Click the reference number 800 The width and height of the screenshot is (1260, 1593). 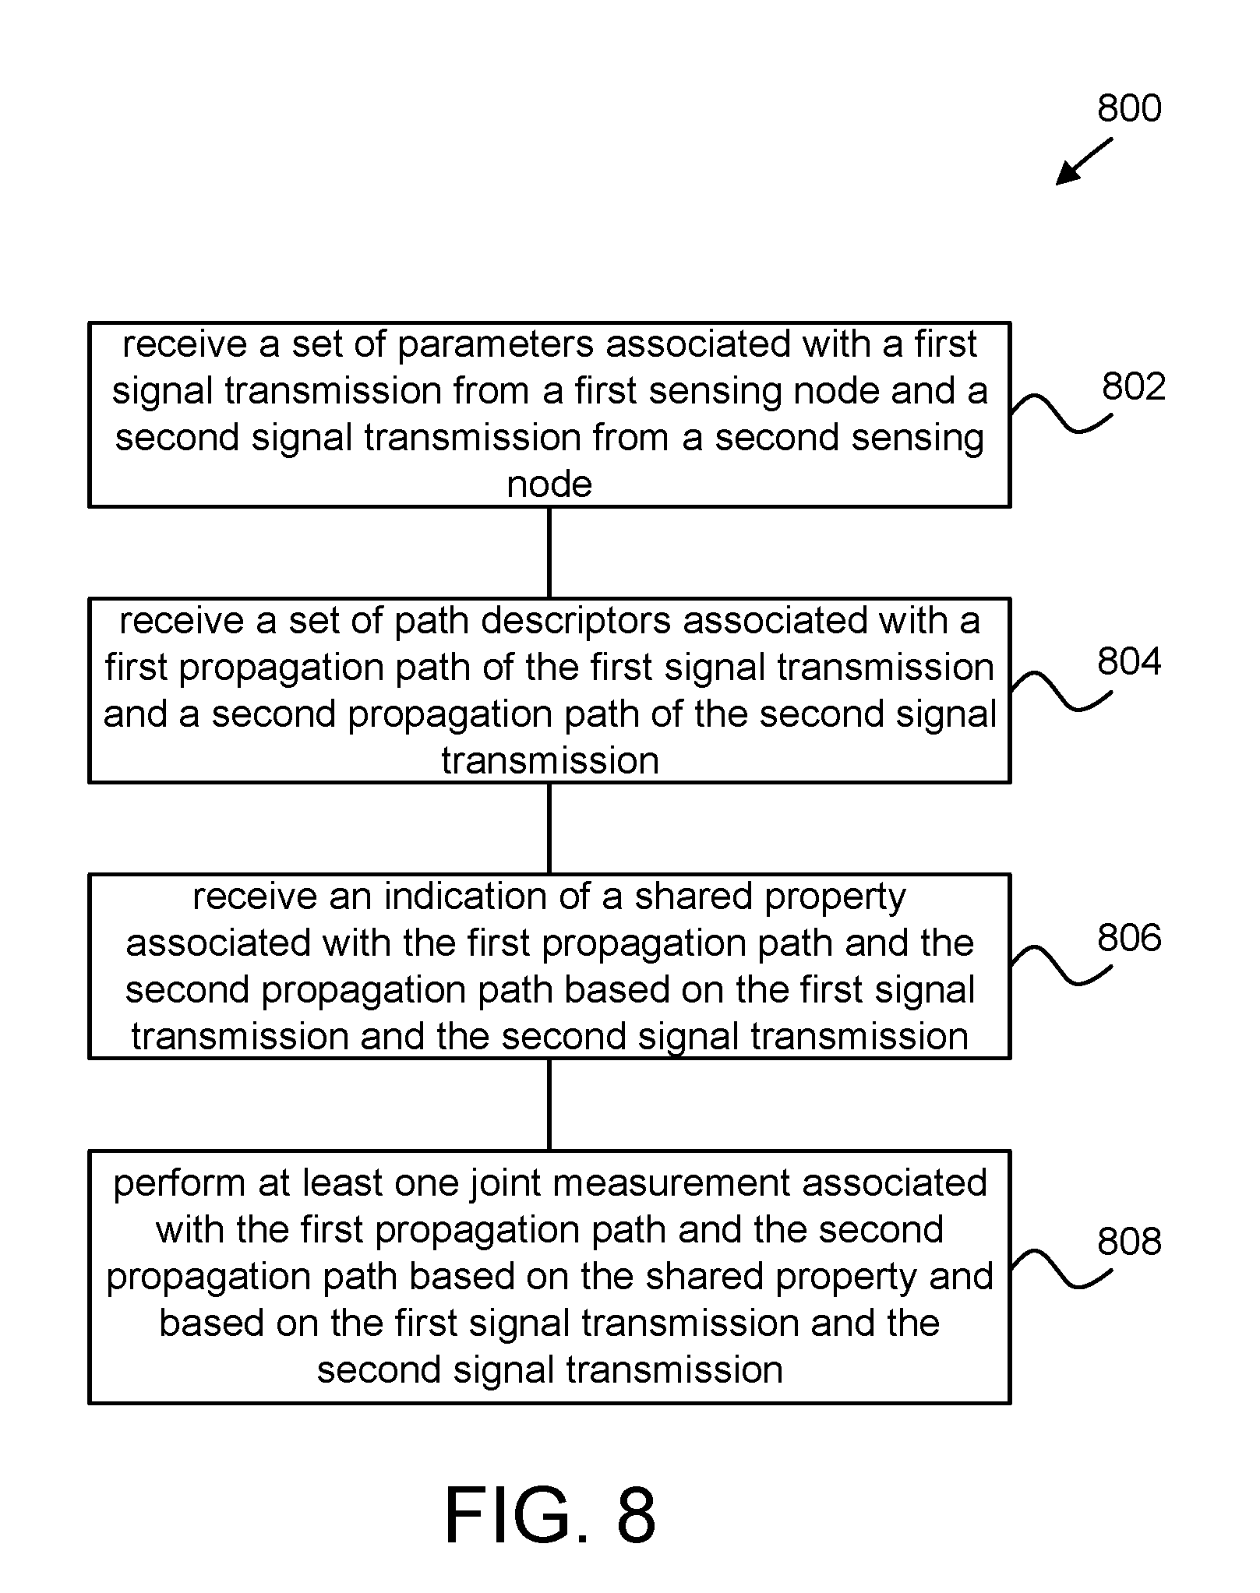click(1129, 108)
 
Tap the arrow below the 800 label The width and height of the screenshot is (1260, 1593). click(1084, 162)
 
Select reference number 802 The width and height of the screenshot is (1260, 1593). click(1134, 386)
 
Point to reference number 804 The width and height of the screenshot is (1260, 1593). click(1129, 661)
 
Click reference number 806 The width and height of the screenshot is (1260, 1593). click(1129, 937)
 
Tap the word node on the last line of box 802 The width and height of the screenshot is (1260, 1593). click(549, 485)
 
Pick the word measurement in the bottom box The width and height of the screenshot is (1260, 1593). click(672, 1183)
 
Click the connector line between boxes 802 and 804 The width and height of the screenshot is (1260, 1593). click(549, 552)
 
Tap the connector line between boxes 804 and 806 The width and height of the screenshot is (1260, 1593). click(549, 828)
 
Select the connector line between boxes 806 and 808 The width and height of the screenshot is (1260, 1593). click(549, 1105)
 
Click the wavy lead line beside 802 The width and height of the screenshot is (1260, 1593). click(1061, 414)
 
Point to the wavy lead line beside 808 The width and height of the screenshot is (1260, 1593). click(1061, 1268)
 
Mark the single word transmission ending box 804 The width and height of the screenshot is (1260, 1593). click(550, 761)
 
